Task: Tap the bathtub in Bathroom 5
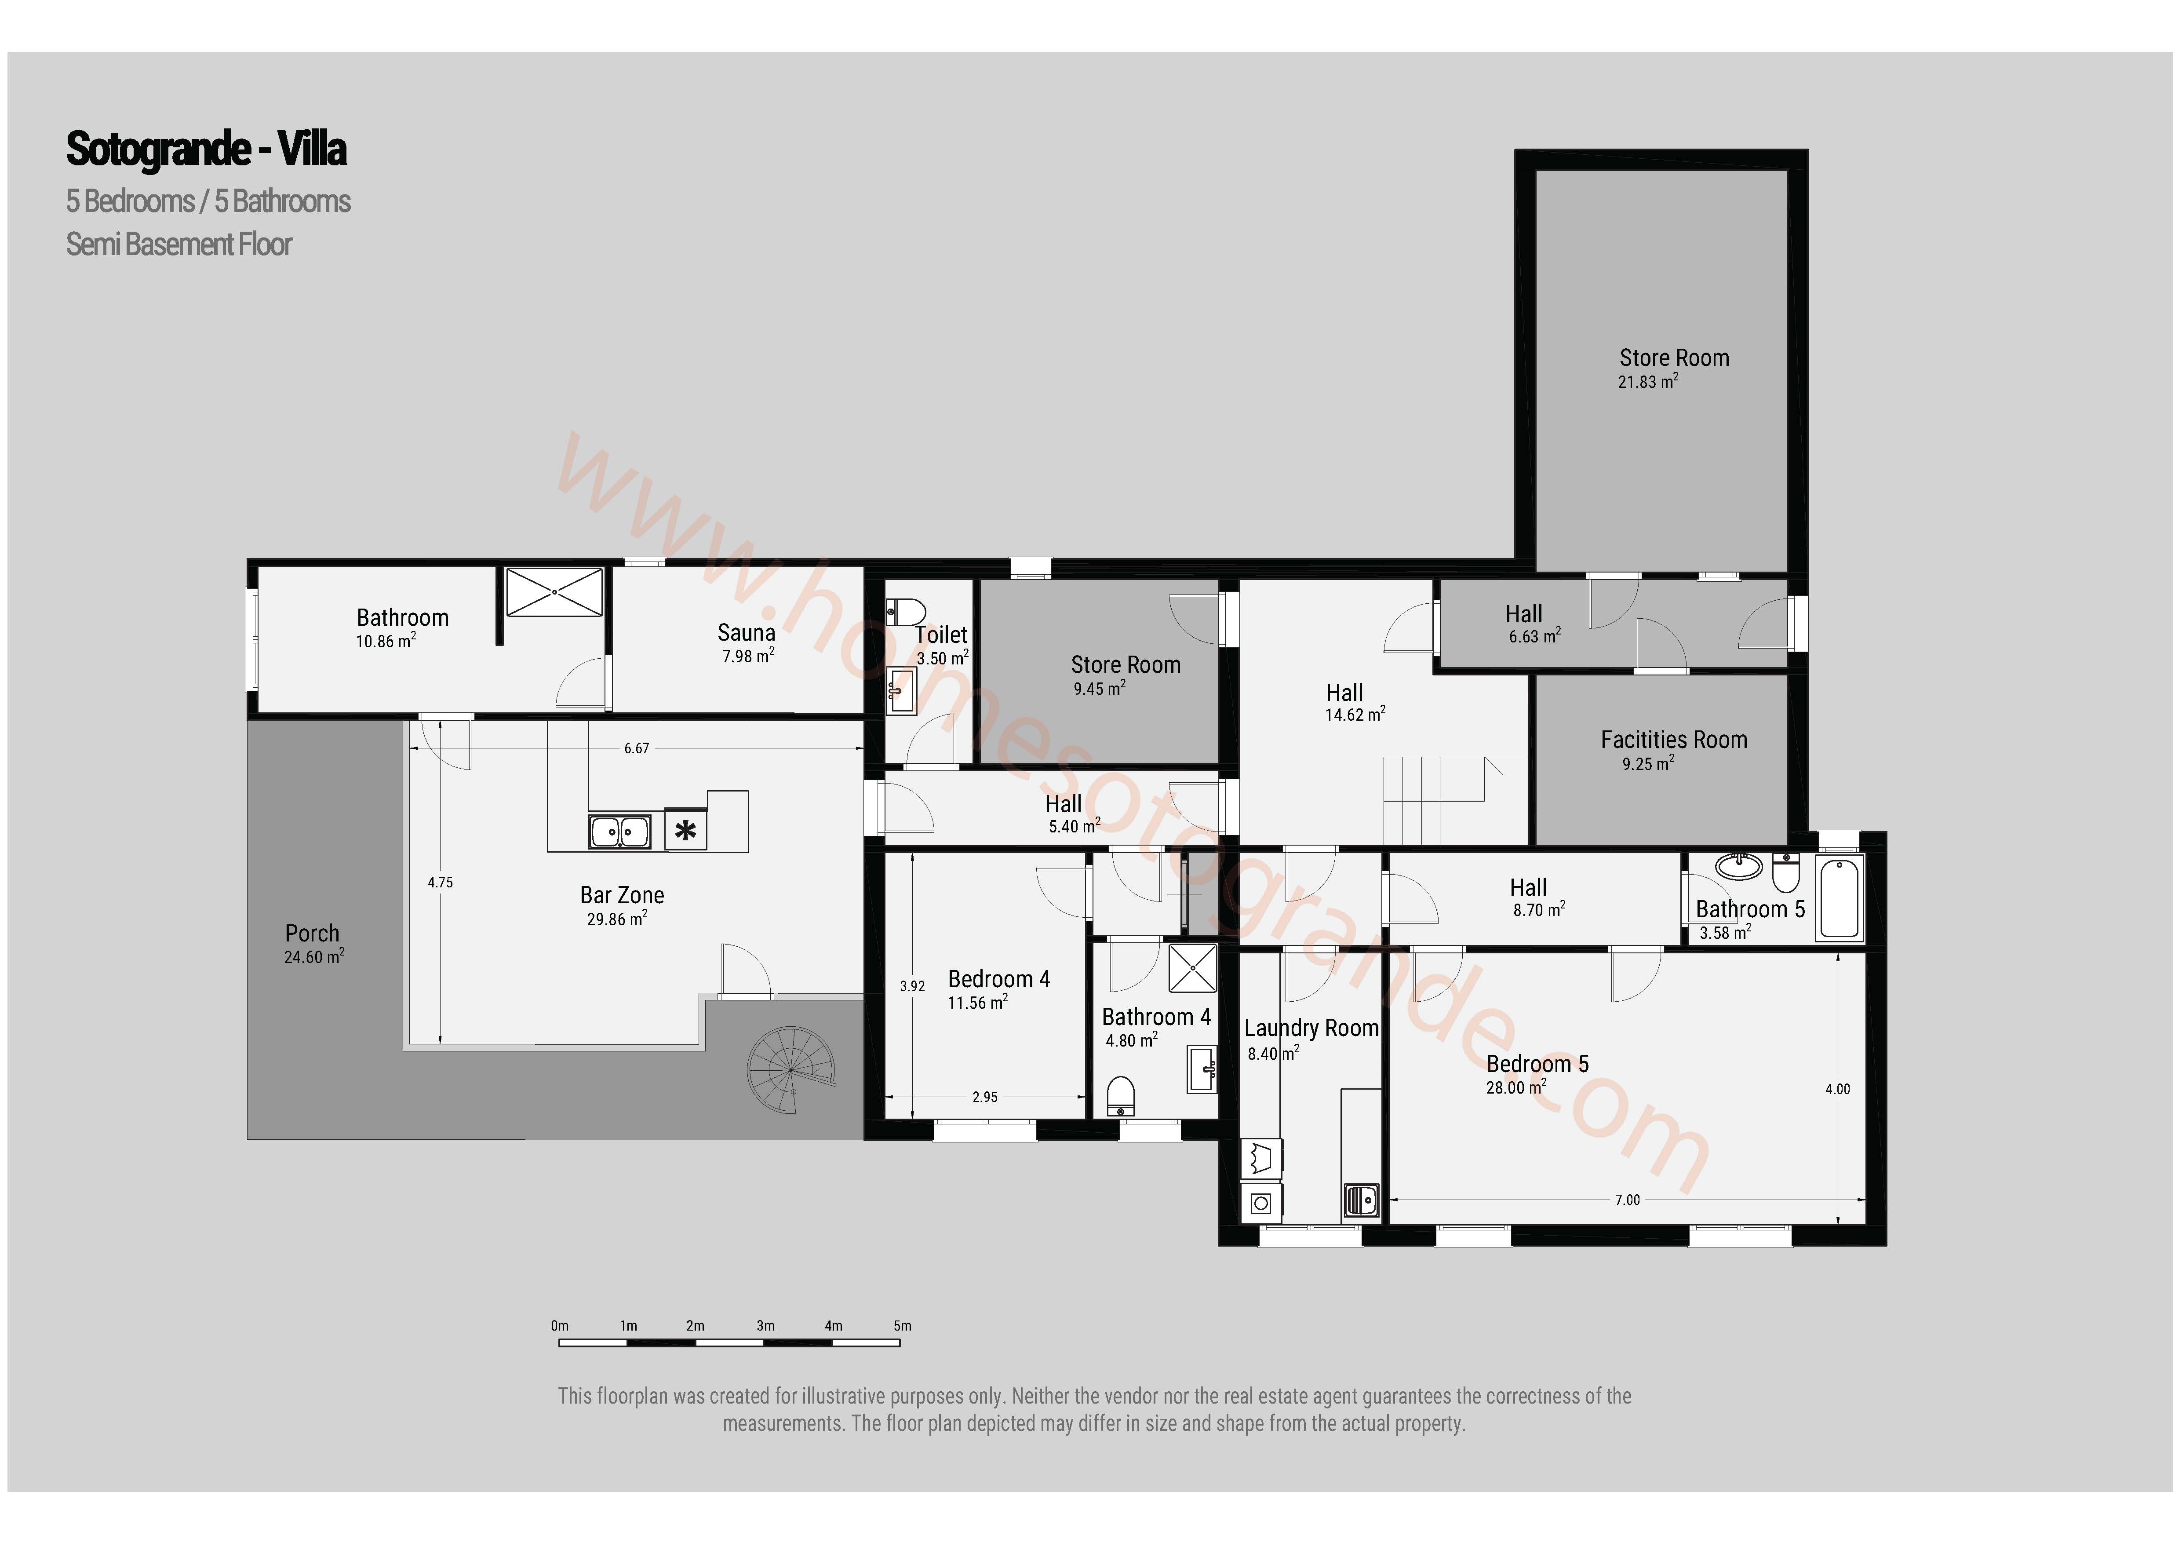click(x=1840, y=898)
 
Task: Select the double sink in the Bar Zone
click(x=619, y=832)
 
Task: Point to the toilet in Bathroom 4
click(x=1122, y=1096)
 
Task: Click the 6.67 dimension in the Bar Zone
click(x=637, y=748)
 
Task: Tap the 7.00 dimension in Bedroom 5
click(x=1627, y=1200)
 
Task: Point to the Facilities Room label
click(x=1674, y=740)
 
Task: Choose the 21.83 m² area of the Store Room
click(x=1648, y=381)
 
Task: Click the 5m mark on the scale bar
click(x=902, y=1325)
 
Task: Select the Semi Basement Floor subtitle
click(x=178, y=244)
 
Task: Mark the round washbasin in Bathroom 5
click(x=1739, y=866)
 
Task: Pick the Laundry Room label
click(x=1311, y=1028)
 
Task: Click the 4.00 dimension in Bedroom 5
click(x=1837, y=1090)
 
